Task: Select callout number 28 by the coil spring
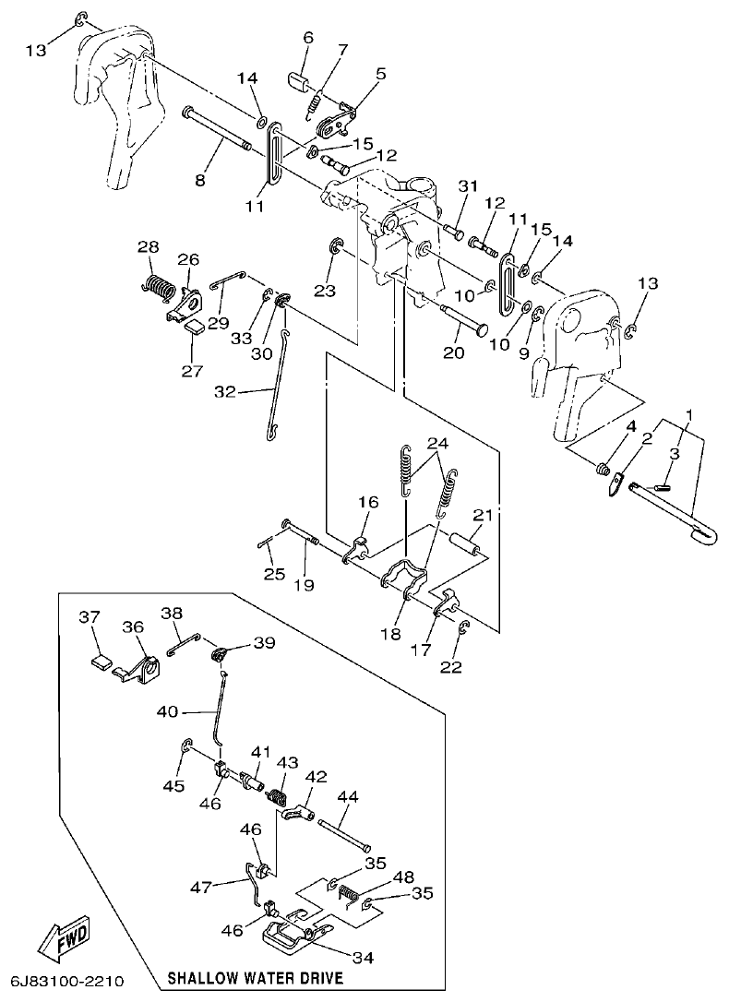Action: [149, 247]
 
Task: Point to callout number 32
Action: [225, 392]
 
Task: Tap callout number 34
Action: [363, 958]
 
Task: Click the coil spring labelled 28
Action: [162, 287]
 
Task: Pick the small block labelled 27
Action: [195, 324]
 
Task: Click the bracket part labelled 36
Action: [143, 669]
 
